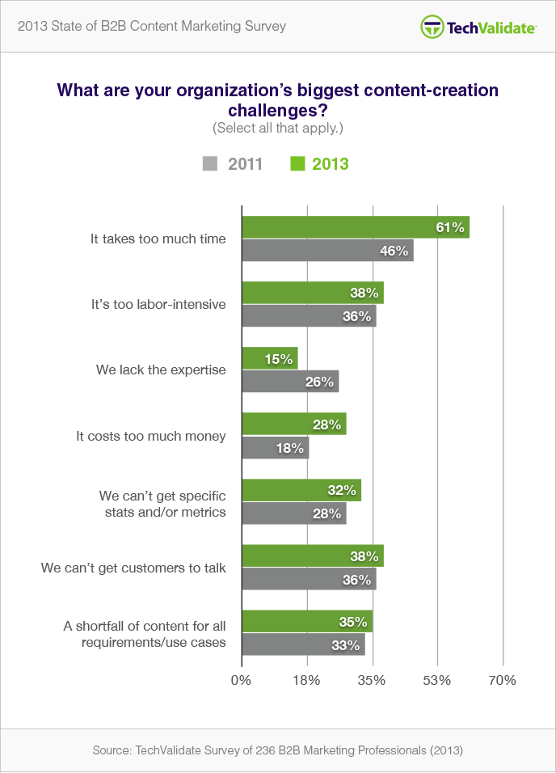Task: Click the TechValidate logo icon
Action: pos(432,27)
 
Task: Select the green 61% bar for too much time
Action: pos(356,228)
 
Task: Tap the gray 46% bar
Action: pos(327,250)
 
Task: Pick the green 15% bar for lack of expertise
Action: pos(270,358)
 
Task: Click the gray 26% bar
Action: pos(290,381)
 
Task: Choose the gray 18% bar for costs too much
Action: pos(276,447)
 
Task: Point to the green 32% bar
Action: pos(301,490)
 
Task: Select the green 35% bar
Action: pos(307,622)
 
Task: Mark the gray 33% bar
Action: pos(303,644)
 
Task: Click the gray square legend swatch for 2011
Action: pos(210,164)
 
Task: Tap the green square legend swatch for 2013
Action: pos(297,164)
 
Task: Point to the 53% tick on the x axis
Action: pos(436,680)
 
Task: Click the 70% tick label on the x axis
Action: pos(502,680)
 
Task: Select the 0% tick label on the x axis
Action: pos(242,680)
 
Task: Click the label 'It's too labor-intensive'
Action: pos(158,305)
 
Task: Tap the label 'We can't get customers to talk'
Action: pos(133,568)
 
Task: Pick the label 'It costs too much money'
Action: pos(151,436)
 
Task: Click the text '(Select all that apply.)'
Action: pos(277,128)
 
